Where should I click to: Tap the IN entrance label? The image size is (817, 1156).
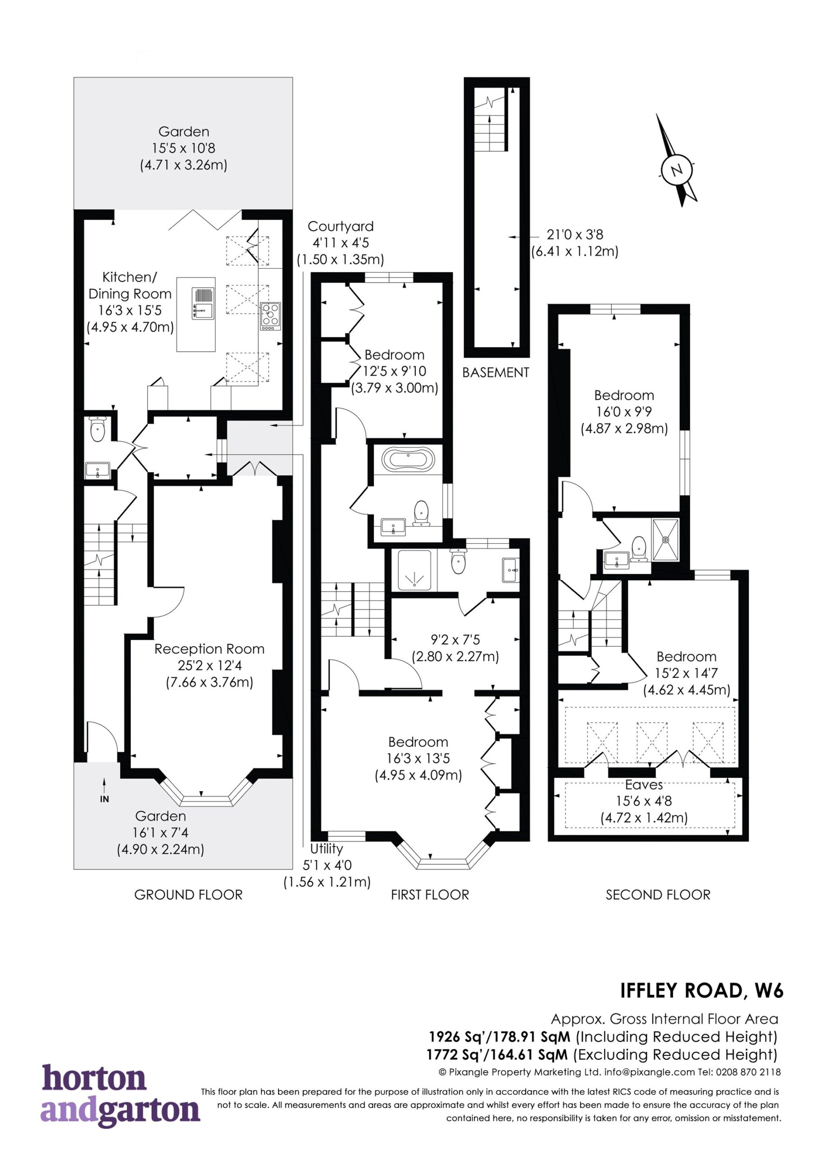[x=104, y=799]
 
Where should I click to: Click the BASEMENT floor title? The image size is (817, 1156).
[x=495, y=373]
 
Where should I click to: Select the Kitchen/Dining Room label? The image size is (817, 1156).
[x=130, y=285]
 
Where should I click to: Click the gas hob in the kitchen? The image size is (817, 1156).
[x=270, y=316]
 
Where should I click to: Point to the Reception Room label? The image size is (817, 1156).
[x=209, y=649]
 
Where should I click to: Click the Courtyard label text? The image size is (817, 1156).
[x=341, y=227]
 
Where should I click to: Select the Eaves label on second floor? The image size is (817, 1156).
[x=644, y=785]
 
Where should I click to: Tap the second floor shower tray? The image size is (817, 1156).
[x=665, y=539]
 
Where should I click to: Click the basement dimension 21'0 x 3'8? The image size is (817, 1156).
[x=575, y=235]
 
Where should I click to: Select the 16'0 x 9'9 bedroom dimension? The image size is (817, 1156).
[x=624, y=412]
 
